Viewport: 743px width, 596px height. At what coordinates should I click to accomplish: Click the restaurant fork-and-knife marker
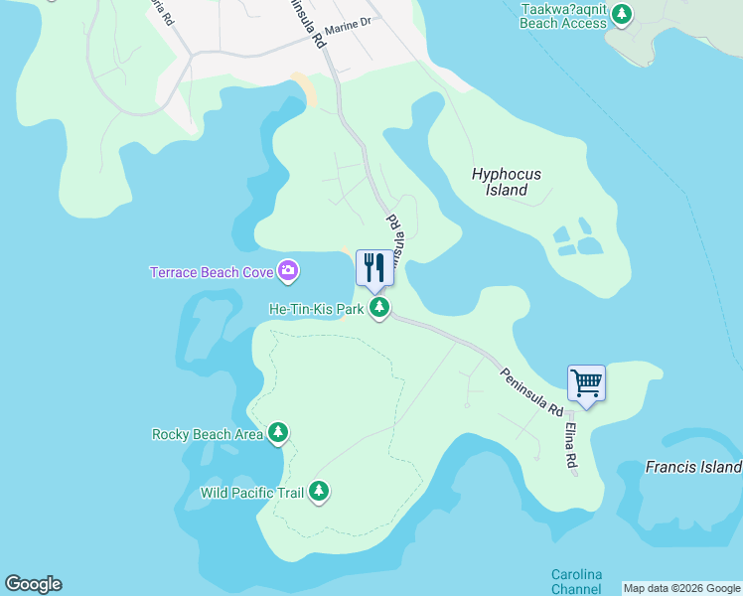point(374,267)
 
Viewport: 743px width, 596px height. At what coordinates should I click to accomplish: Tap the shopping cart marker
point(586,382)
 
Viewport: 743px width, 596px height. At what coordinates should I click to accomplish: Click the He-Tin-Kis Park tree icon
point(378,309)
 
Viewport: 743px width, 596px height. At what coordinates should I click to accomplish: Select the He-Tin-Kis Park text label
point(317,310)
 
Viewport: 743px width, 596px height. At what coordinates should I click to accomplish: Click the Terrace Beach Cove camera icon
point(288,270)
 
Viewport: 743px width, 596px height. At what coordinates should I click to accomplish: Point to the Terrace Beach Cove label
point(213,271)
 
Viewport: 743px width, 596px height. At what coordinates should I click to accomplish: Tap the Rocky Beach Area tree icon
point(279,433)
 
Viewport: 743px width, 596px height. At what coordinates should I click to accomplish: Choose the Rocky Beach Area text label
point(208,434)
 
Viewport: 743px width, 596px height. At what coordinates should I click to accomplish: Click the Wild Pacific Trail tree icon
point(319,491)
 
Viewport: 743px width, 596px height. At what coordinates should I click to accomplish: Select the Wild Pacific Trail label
point(252,492)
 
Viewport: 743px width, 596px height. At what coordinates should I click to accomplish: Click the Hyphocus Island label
point(507,182)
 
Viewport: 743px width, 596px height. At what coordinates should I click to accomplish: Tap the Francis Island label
point(692,467)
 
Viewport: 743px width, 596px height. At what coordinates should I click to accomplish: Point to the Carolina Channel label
point(577,582)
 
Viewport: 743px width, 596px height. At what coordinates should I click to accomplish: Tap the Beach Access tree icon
point(622,14)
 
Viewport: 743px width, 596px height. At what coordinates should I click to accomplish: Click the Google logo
point(33,584)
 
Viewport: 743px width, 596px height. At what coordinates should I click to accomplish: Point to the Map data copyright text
point(682,588)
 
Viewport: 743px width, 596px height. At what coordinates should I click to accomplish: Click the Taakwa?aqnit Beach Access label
point(563,15)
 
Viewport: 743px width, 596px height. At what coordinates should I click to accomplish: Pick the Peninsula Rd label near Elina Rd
point(532,391)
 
